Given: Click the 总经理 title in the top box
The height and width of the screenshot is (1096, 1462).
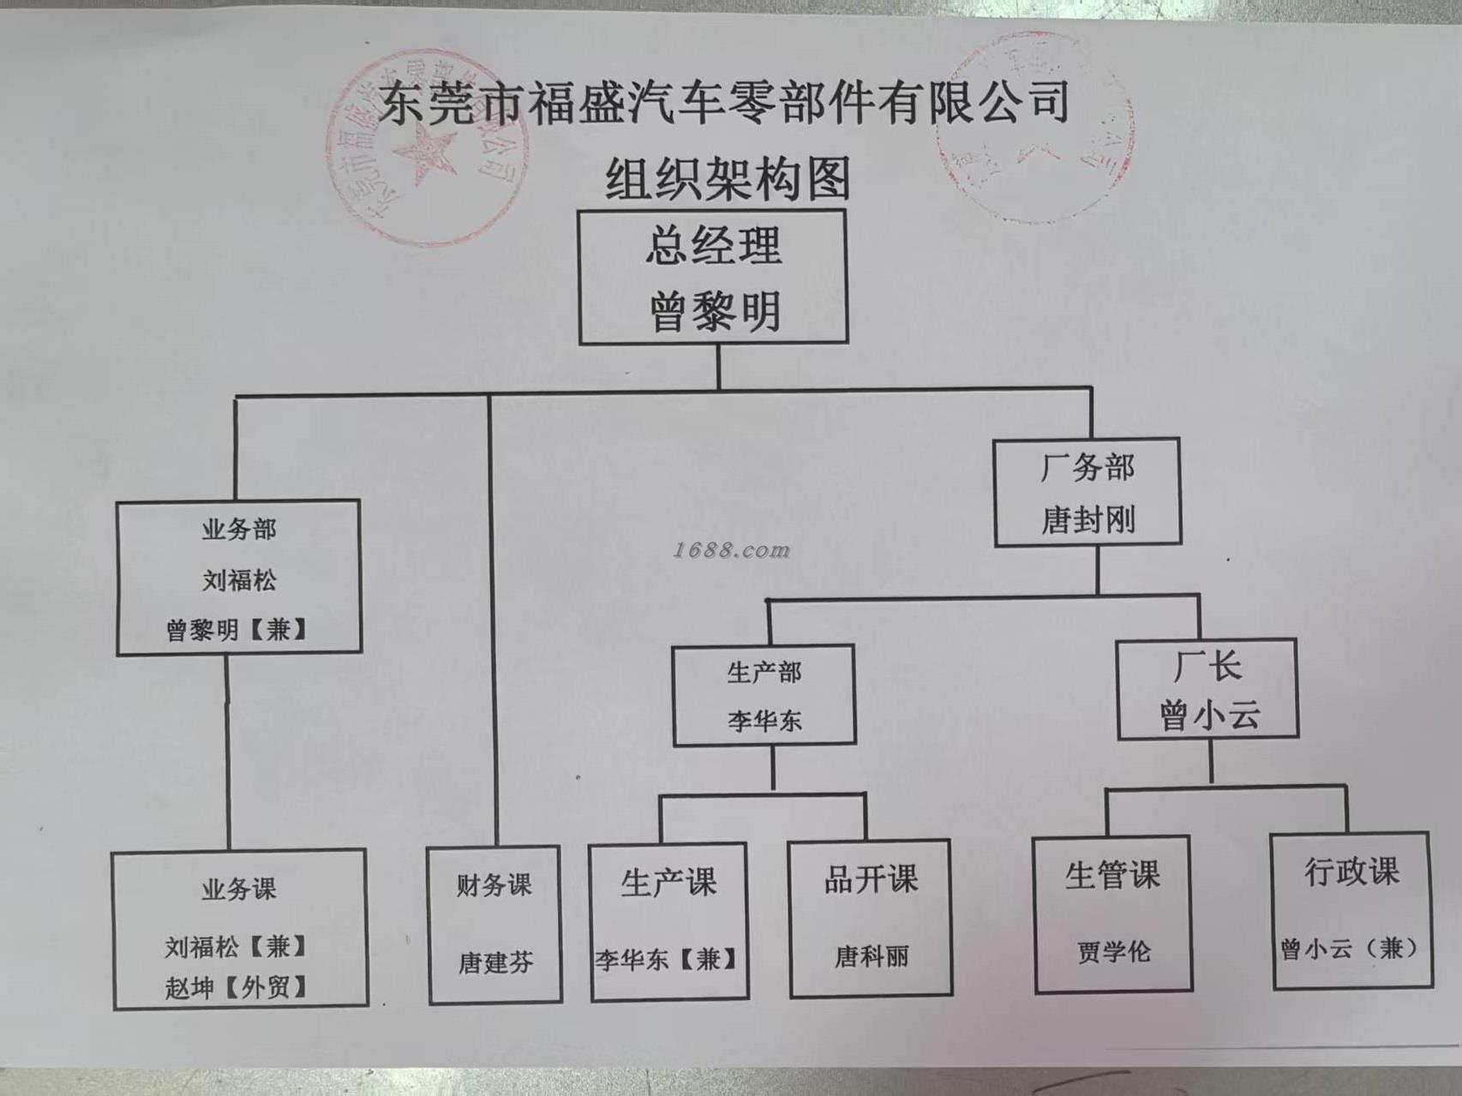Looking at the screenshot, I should pyautogui.click(x=713, y=246).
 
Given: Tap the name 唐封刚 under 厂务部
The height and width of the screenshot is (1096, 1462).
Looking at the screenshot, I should pyautogui.click(x=1088, y=519).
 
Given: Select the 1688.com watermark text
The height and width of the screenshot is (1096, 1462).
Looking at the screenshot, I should pyautogui.click(x=731, y=550).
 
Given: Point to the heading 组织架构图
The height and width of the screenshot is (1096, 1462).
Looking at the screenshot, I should pyautogui.click(x=728, y=178).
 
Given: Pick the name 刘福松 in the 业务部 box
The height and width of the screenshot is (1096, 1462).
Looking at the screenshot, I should pyautogui.click(x=239, y=580).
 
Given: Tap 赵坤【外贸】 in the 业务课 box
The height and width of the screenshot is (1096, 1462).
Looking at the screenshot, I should pyautogui.click(x=237, y=987).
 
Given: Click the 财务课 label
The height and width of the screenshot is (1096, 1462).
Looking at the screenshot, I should pyautogui.click(x=494, y=884).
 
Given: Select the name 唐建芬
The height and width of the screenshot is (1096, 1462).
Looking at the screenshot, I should pyautogui.click(x=495, y=962).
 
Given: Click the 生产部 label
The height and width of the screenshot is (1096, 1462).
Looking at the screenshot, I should pyautogui.click(x=764, y=673).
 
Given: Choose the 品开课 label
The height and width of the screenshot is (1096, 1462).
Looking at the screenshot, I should pyautogui.click(x=871, y=879).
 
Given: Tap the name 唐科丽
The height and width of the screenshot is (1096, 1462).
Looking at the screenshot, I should pyautogui.click(x=872, y=956).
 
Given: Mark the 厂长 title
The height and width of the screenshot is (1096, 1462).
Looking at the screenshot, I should pyautogui.click(x=1207, y=666).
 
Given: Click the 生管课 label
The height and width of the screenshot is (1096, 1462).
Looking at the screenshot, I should pyautogui.click(x=1112, y=875).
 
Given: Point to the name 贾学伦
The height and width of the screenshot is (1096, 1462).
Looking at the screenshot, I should pyautogui.click(x=1114, y=952).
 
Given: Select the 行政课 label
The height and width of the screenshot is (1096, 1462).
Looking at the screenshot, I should pyautogui.click(x=1351, y=871).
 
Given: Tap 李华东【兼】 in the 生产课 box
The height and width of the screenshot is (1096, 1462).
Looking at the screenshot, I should pyautogui.click(x=667, y=959).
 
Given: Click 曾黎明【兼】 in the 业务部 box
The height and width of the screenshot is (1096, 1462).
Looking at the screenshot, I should pyautogui.click(x=237, y=630).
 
